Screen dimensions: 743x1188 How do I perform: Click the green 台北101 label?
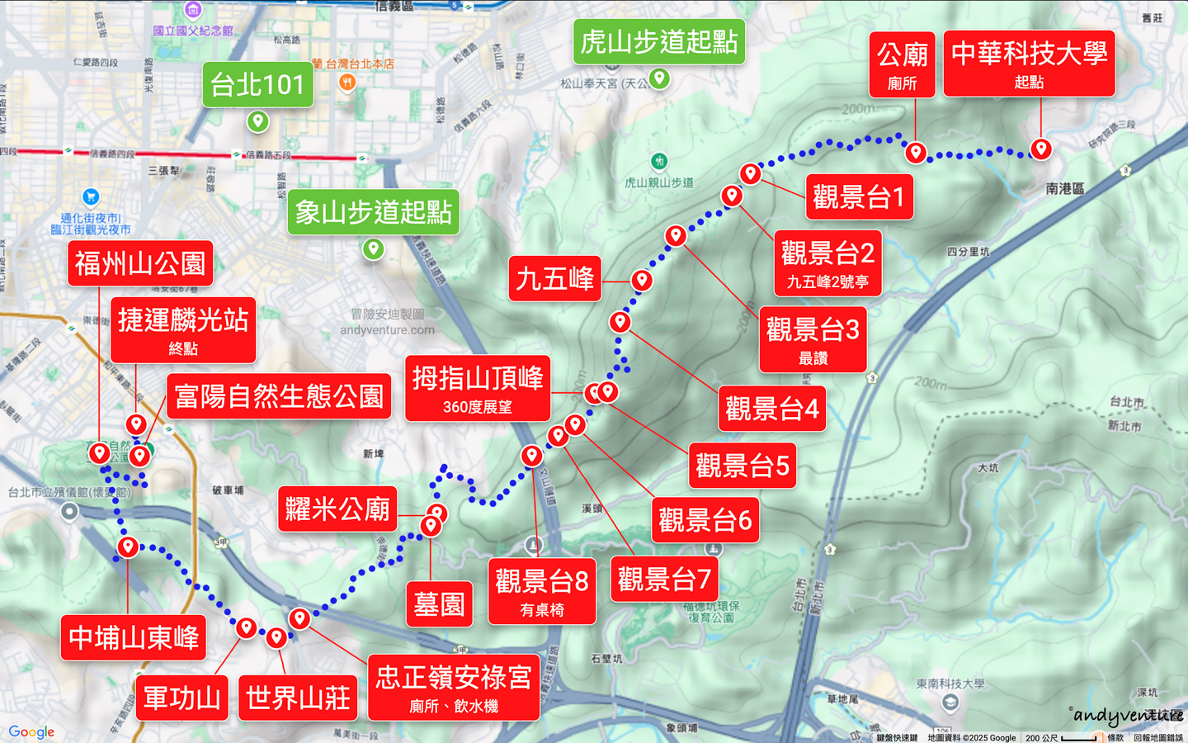(257, 84)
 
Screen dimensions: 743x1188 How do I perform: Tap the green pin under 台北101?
(258, 122)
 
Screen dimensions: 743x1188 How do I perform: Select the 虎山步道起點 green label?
(658, 41)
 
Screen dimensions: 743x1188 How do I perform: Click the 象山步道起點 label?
(373, 212)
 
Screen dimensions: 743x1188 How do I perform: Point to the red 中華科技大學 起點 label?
(1029, 64)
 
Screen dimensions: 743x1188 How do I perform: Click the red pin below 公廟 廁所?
(915, 153)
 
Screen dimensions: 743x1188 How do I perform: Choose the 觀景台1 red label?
(859, 196)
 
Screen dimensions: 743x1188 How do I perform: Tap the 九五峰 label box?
(554, 278)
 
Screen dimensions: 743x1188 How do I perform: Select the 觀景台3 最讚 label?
(813, 339)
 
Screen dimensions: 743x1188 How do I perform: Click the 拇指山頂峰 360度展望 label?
(478, 388)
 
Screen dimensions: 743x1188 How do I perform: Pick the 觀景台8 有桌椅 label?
(541, 591)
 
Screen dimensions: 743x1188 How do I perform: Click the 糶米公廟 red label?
(337, 509)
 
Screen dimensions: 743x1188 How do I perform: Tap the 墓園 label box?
(440, 604)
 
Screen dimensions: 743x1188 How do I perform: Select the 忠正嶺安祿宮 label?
(454, 687)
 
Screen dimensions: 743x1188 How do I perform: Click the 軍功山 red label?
(181, 698)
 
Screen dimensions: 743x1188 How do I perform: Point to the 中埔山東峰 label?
(134, 637)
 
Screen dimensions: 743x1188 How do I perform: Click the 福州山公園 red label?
(140, 263)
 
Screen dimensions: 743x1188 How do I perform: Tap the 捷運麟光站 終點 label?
(183, 329)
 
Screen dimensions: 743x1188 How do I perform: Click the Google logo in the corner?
(31, 731)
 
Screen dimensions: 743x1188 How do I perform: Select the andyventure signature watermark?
(1127, 715)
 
